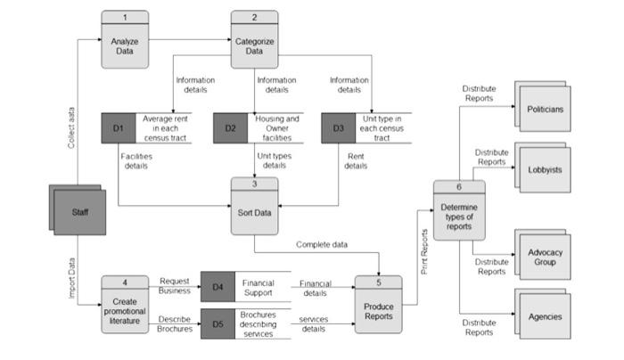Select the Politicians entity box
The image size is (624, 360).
(x=545, y=109)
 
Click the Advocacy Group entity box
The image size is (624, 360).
(x=545, y=257)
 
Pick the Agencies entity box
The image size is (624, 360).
(x=545, y=316)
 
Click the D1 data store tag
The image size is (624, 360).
(x=119, y=128)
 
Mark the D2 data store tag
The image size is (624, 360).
(x=231, y=128)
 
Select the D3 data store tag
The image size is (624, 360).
(x=339, y=128)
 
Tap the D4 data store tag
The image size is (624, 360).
(x=218, y=286)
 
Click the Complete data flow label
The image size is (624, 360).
(x=322, y=244)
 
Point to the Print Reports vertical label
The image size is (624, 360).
(x=425, y=250)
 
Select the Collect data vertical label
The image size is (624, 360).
(x=72, y=126)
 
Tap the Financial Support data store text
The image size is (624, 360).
(x=259, y=287)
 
